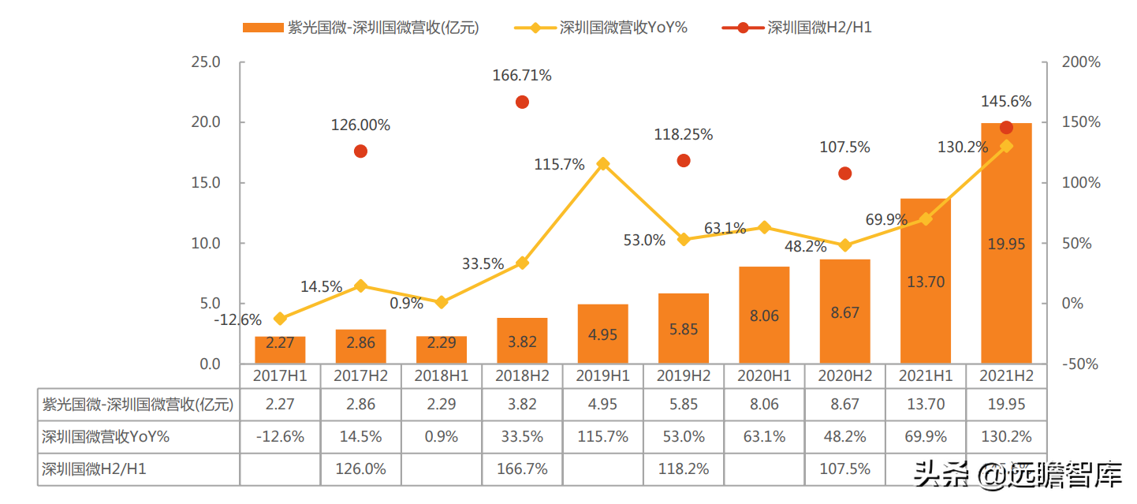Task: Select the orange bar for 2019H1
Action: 603,334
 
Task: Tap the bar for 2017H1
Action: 280,350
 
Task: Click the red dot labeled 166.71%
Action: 522,103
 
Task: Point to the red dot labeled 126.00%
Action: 360,151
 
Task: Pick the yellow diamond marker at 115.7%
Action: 603,164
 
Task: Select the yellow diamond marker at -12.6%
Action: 280,319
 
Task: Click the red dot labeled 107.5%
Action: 844,174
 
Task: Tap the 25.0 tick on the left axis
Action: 206,62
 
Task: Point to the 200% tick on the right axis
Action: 1081,62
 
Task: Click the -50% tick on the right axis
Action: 1079,364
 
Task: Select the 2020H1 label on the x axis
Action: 764,375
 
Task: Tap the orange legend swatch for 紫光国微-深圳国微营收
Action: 263,28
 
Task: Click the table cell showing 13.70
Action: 926,405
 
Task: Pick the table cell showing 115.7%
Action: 603,437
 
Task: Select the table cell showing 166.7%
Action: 522,469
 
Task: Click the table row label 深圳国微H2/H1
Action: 94,469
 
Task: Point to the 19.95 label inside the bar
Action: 1006,245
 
